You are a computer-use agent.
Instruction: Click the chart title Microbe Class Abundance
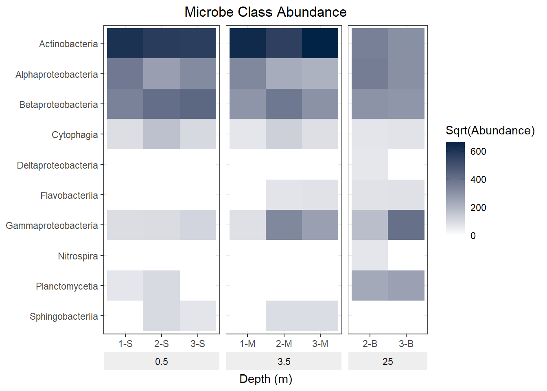[265, 12]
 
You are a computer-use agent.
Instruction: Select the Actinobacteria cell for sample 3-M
[320, 43]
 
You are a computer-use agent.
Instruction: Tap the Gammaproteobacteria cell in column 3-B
[406, 225]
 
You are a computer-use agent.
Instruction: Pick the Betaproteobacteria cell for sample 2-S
[162, 104]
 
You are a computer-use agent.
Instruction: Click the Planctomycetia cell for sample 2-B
[370, 286]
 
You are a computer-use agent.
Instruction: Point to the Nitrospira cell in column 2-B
[370, 255]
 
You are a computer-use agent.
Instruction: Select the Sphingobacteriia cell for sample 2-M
[284, 316]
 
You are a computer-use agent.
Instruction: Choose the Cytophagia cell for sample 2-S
[162, 134]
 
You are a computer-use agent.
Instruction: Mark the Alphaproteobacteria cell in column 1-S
[125, 74]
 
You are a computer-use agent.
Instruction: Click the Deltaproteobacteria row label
[57, 165]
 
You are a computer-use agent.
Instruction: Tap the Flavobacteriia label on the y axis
[69, 195]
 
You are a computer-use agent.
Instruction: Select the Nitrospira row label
[78, 256]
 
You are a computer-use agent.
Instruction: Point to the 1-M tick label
[247, 344]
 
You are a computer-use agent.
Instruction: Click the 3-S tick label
[198, 344]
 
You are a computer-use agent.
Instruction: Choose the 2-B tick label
[370, 344]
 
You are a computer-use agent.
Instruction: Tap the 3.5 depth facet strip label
[284, 361]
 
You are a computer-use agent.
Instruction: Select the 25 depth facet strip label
[387, 361]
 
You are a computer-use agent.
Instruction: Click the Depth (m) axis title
[265, 379]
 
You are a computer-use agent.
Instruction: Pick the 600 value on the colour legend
[478, 152]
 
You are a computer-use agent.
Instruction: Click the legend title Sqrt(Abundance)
[490, 130]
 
